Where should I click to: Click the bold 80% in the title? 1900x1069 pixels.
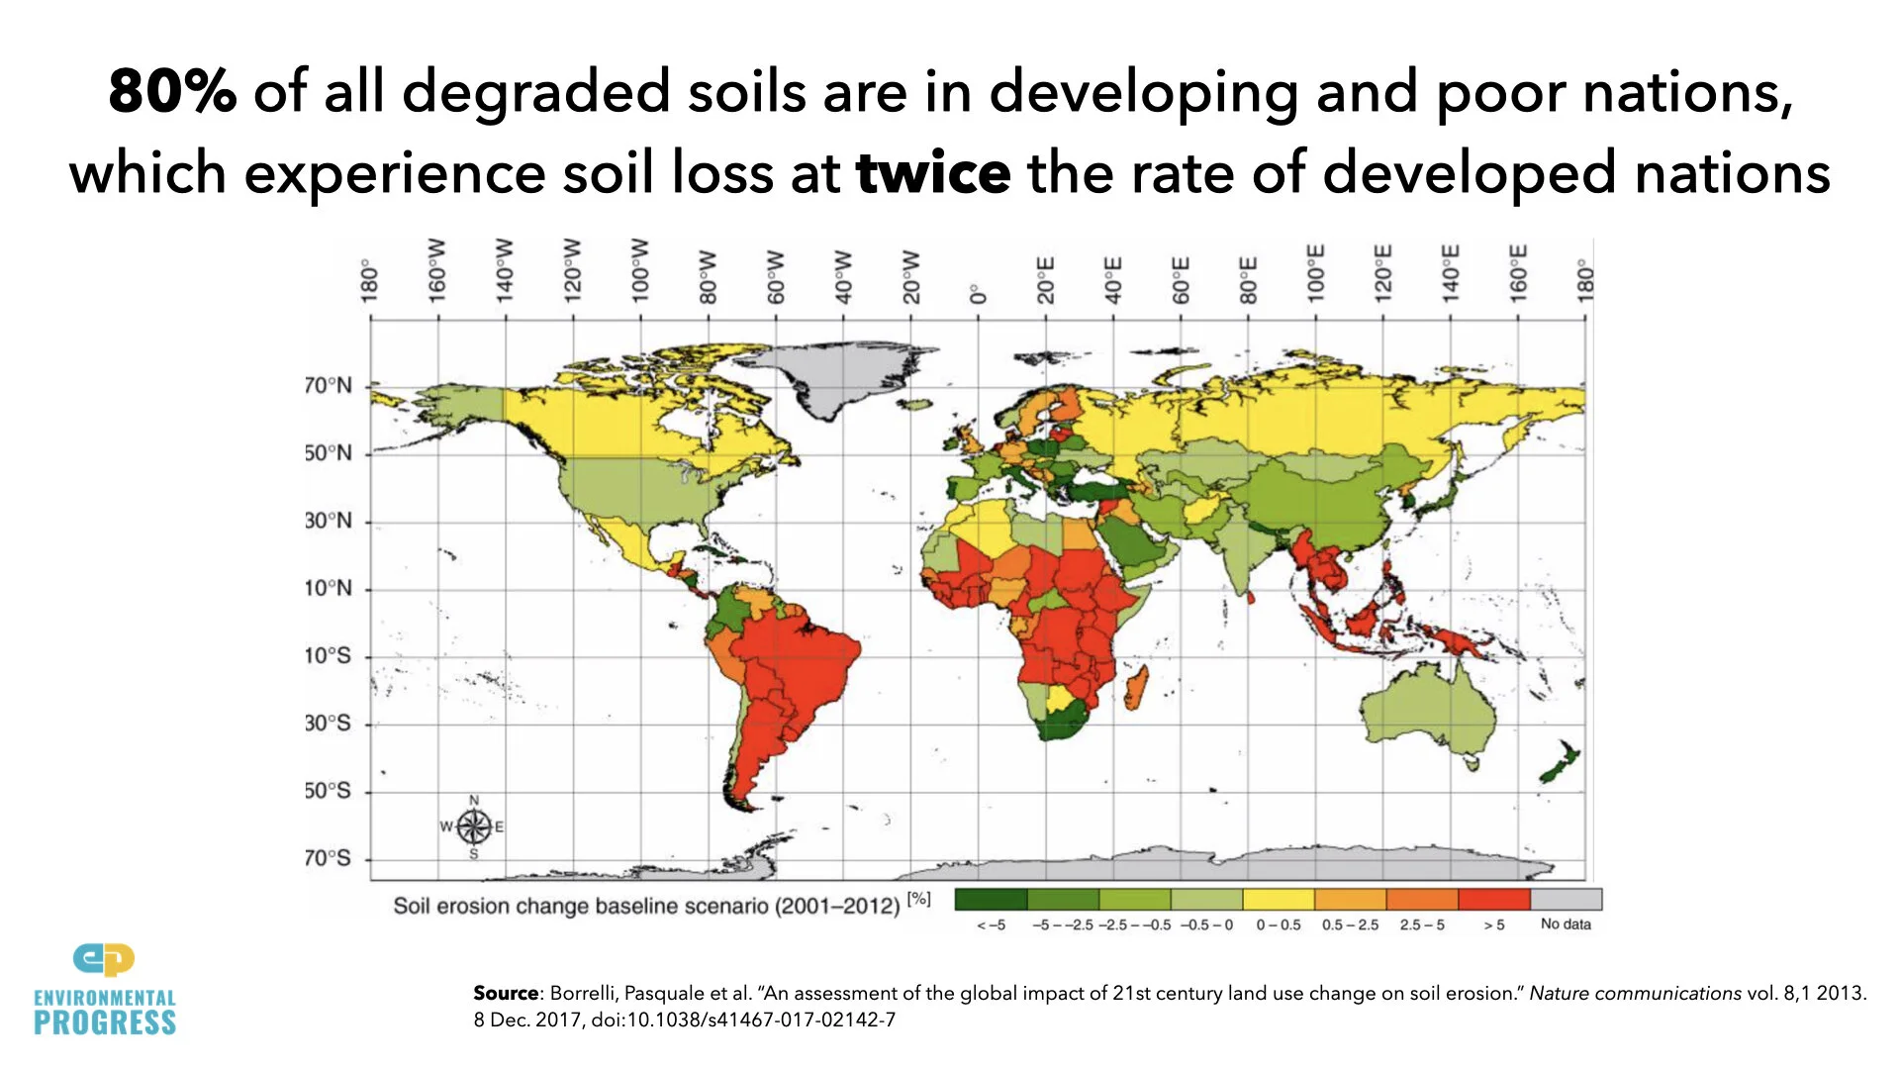[x=172, y=91]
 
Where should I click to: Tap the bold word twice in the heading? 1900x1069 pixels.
[x=932, y=173]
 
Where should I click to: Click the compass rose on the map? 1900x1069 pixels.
[x=473, y=826]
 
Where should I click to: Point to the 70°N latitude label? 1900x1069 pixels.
[x=328, y=385]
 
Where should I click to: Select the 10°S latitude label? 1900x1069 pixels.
[x=328, y=655]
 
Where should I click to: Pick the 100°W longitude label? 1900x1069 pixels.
[x=639, y=270]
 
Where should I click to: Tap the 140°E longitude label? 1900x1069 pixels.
[x=1450, y=273]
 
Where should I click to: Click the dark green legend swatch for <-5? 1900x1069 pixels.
[x=991, y=899]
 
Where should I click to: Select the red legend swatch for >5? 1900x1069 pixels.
[x=1493, y=899]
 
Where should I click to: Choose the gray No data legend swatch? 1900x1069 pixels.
[x=1566, y=899]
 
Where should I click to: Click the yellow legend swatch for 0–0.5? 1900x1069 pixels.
[x=1278, y=899]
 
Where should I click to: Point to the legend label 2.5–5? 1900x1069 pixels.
[x=1422, y=924]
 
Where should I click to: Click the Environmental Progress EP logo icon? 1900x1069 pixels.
[x=104, y=959]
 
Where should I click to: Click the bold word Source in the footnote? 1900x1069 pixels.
[x=505, y=993]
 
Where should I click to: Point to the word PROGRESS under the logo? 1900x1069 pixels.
[x=105, y=1023]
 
